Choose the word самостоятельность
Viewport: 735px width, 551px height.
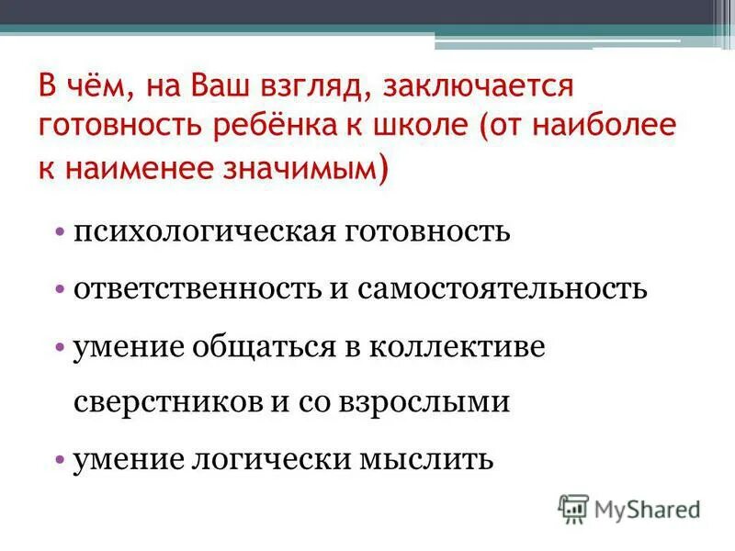click(x=503, y=288)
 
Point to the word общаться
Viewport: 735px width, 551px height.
click(x=266, y=347)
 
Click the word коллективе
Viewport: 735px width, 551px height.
click(x=457, y=347)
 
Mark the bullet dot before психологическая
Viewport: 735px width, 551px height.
click(x=59, y=231)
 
